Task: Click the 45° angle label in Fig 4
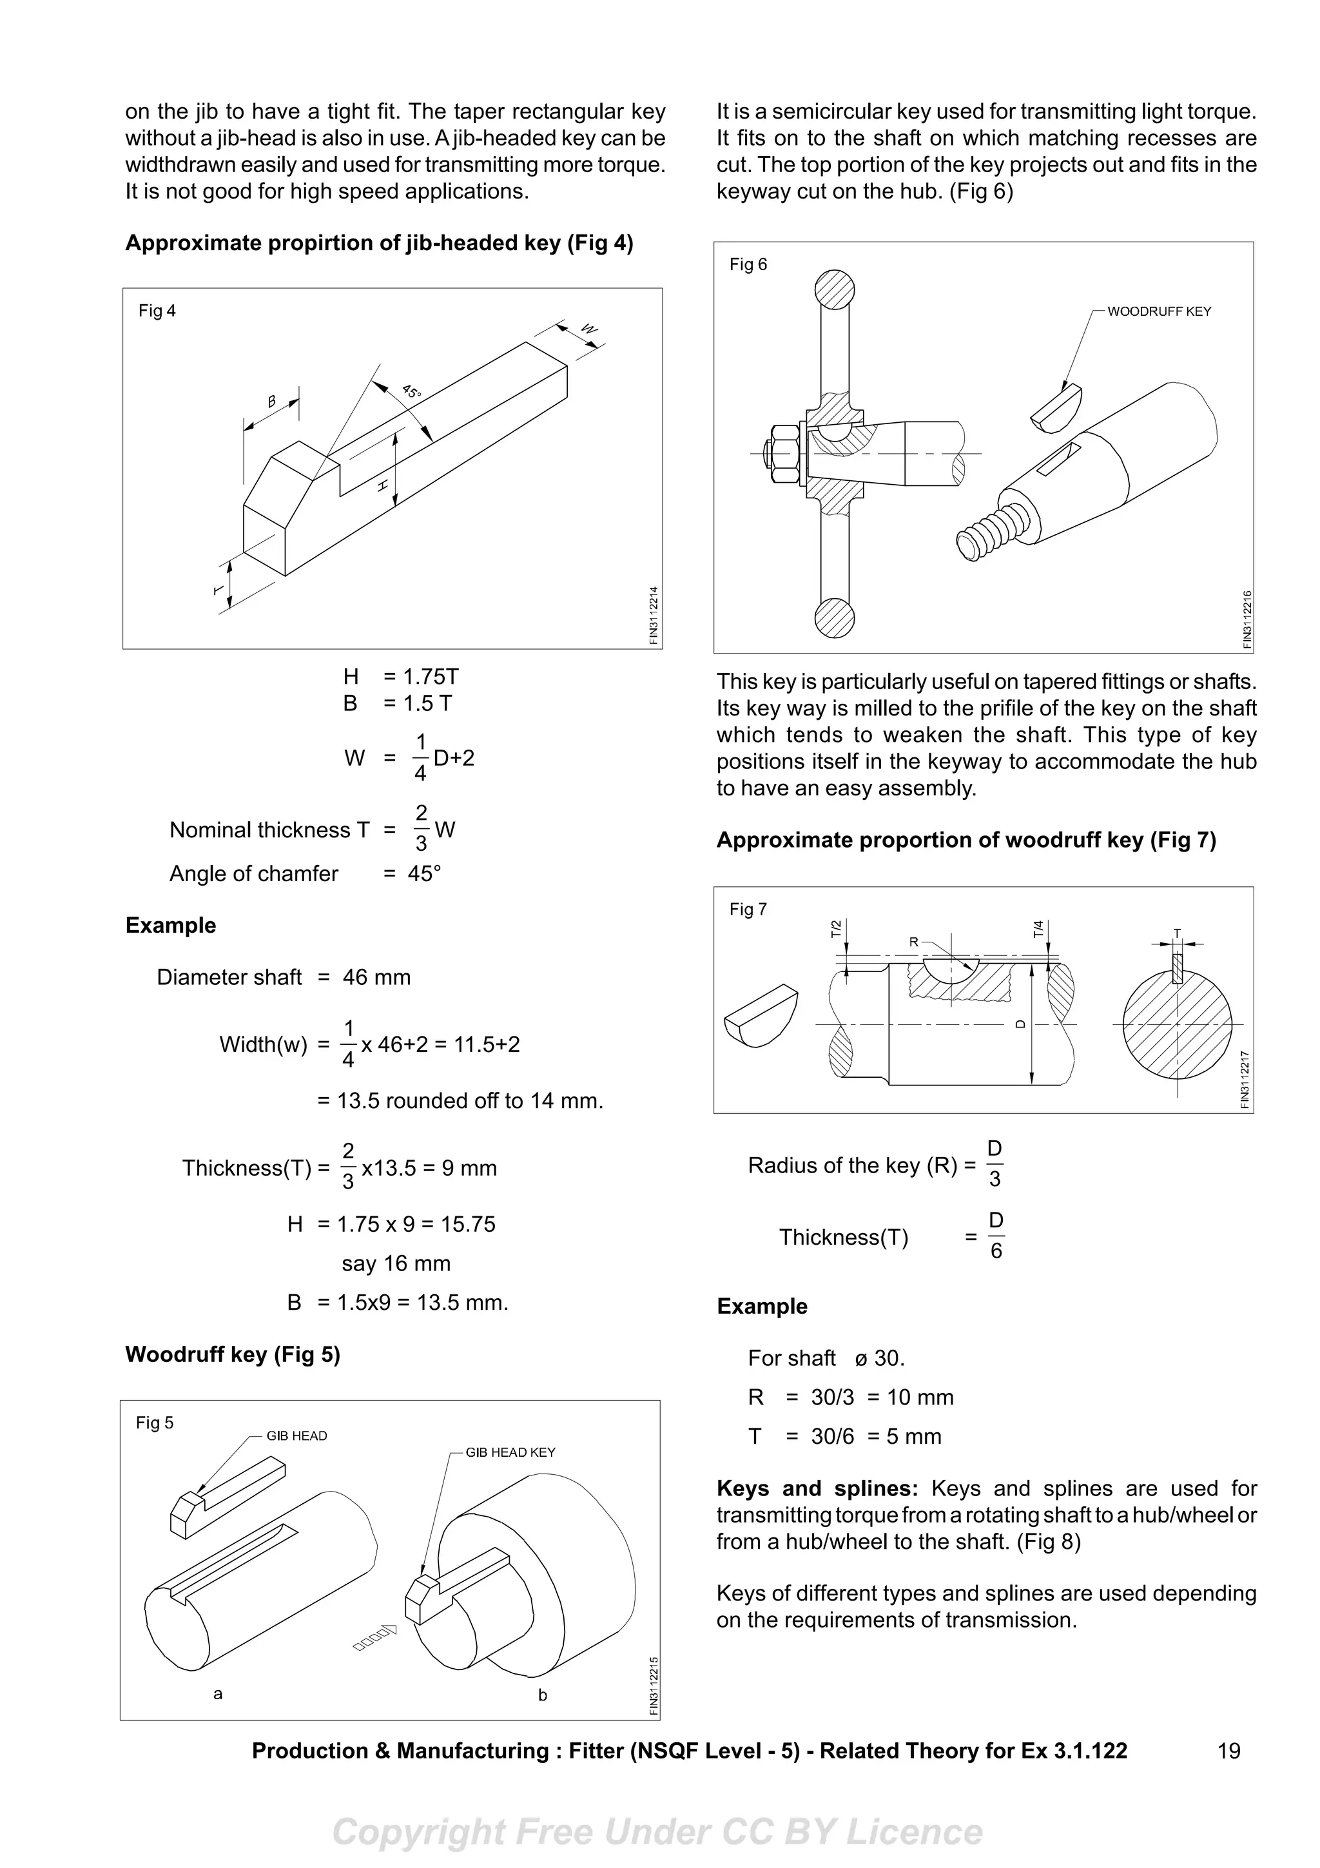412,391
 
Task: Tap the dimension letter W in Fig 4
590,329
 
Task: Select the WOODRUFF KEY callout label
1159,311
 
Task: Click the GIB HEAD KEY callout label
510,1452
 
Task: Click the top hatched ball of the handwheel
835,289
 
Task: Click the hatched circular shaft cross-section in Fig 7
1176,1024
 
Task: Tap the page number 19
1229,1751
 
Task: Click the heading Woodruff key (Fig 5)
233,1355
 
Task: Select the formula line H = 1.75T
401,676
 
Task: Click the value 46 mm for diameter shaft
376,977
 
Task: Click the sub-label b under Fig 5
543,1695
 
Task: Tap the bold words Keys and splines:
817,1489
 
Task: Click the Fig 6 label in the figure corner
748,264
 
